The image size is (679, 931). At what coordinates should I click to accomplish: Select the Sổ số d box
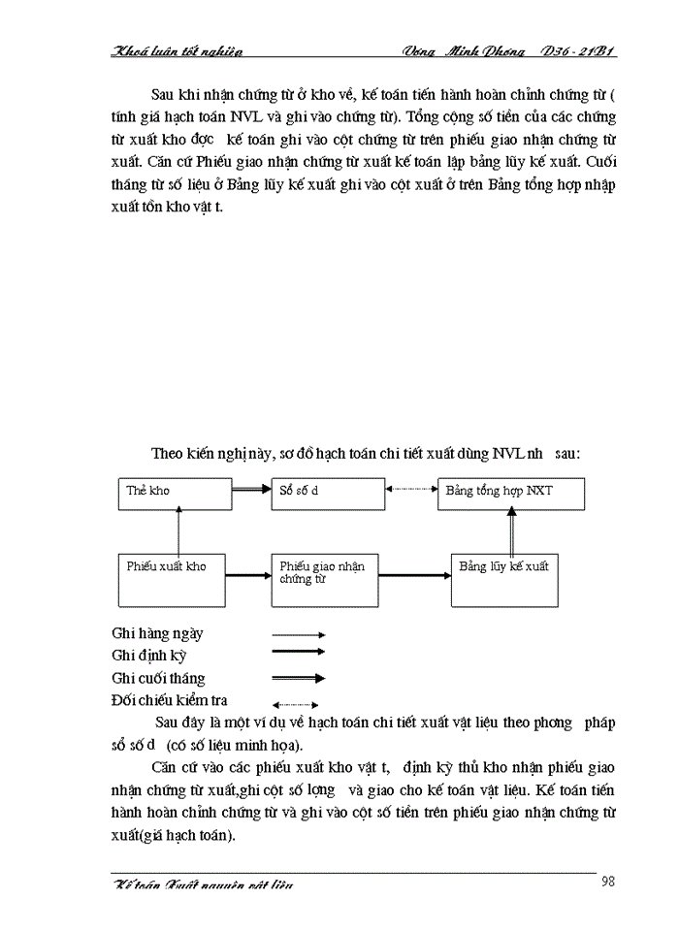327,494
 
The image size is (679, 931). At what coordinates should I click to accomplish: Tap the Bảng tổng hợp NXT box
511,494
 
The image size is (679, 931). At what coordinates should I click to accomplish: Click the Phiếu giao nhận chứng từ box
325,578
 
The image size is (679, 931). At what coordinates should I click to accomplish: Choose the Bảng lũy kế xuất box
504,578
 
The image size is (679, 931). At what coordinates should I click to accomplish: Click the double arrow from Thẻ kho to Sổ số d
251,491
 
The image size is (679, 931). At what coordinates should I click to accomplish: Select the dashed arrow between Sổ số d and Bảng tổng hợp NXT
411,491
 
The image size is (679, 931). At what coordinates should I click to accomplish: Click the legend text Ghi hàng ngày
158,633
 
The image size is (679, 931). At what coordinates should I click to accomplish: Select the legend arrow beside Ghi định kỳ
298,656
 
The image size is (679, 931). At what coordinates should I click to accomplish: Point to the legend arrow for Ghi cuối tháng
298,679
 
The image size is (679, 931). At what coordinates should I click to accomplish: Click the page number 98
608,881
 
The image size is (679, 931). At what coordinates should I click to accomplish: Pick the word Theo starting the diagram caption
168,453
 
